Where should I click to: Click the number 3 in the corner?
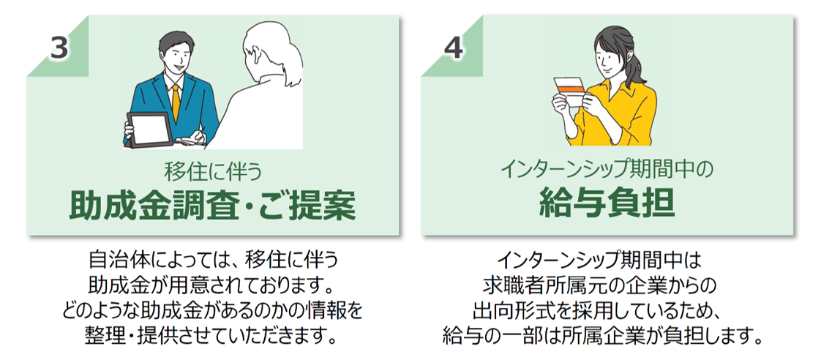(x=59, y=48)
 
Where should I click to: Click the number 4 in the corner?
(x=454, y=48)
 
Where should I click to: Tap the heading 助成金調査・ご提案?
(x=211, y=207)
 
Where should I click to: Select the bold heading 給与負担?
(x=606, y=203)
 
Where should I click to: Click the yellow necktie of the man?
(x=176, y=102)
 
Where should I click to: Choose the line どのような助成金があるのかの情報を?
(x=211, y=310)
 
